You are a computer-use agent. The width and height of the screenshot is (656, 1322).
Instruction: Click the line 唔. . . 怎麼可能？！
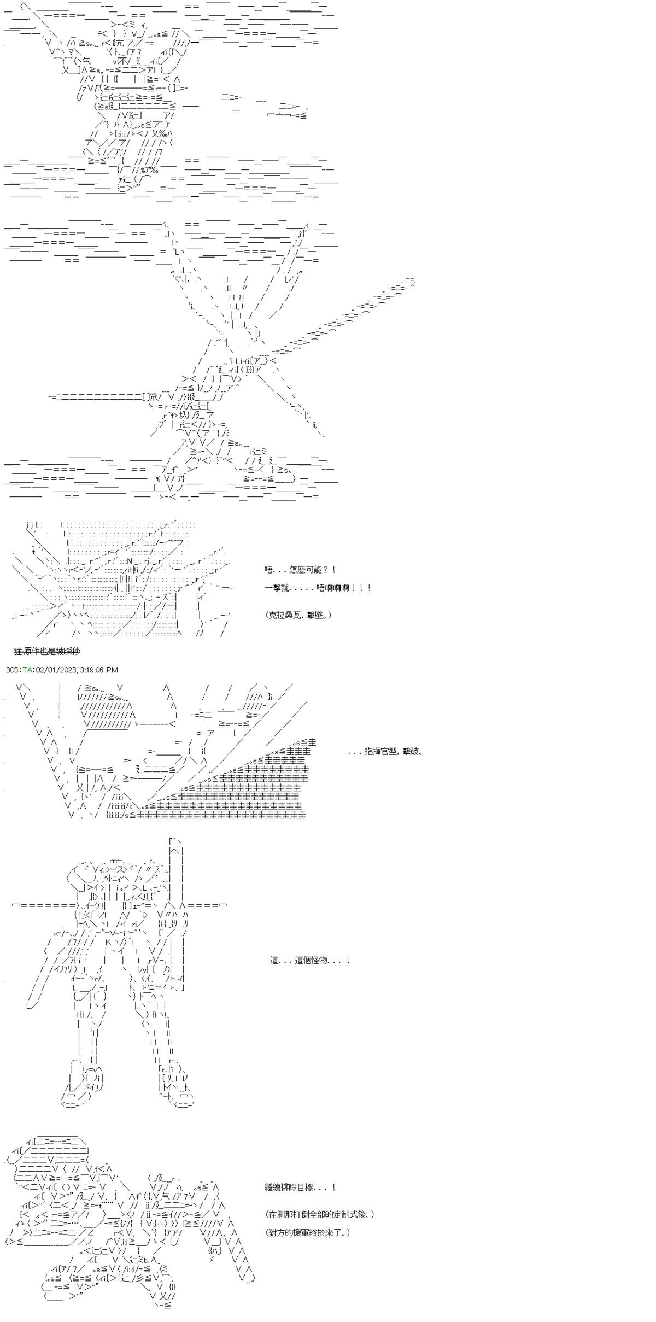[300, 570]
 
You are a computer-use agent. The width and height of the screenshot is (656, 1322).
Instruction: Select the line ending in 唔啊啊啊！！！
[318, 588]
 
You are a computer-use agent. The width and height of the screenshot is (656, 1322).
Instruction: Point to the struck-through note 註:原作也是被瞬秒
[48, 651]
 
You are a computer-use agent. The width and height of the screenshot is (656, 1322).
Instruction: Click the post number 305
[12, 670]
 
